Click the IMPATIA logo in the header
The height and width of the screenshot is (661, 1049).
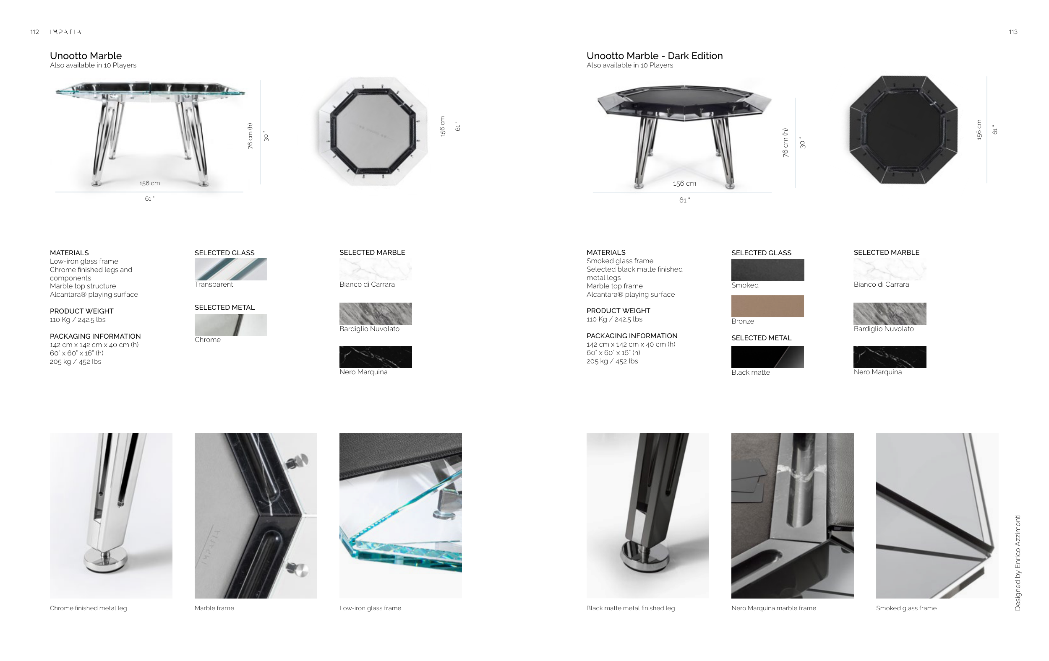[x=65, y=32]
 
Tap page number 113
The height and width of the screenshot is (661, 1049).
[x=1013, y=32]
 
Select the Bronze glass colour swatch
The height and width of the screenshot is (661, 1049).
[x=767, y=306]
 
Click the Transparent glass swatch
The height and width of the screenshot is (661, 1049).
[x=231, y=269]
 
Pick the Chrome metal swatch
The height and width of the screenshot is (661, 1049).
[x=231, y=324]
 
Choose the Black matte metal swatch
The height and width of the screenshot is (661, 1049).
[x=767, y=357]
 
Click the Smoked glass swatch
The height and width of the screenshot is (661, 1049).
[x=767, y=270]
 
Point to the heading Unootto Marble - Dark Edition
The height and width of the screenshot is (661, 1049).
[x=654, y=56]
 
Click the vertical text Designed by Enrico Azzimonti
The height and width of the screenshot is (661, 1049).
[x=1018, y=562]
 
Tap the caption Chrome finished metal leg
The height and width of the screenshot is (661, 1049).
[x=88, y=608]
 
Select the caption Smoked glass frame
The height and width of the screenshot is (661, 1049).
[x=906, y=608]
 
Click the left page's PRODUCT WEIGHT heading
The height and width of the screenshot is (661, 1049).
[x=81, y=311]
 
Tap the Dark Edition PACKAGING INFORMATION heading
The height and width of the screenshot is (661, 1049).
[x=631, y=335]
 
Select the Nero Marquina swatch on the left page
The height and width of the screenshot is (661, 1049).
[x=376, y=357]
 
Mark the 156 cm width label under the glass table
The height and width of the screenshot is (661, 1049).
[x=149, y=183]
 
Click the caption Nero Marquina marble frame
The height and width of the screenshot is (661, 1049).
[x=774, y=608]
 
